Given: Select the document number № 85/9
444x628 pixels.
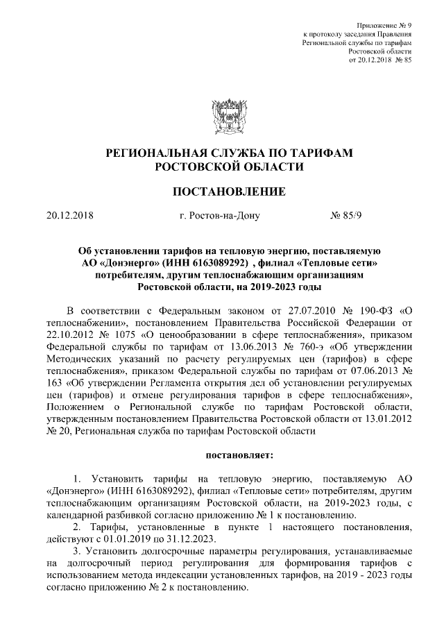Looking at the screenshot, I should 347,215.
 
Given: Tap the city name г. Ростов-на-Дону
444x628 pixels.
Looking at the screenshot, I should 219,215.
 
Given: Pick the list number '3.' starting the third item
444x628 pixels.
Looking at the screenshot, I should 78,553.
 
